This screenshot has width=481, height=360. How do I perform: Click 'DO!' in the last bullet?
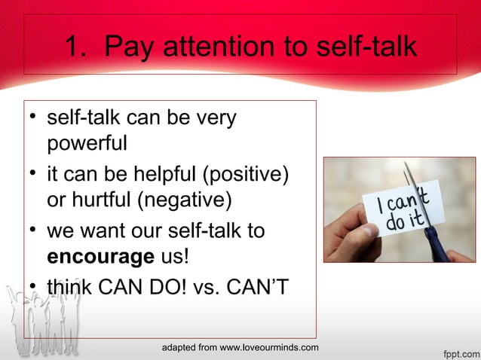coord(170,287)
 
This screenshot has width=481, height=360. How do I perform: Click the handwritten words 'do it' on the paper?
coord(394,224)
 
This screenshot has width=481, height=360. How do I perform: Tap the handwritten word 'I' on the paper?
coord(372,205)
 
